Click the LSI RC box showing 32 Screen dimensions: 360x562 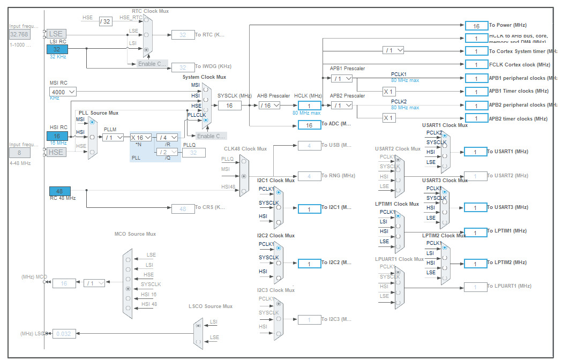[57, 49]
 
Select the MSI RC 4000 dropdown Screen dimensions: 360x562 [62, 92]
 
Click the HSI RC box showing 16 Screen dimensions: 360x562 [57, 136]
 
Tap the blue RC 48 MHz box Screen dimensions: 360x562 [59, 191]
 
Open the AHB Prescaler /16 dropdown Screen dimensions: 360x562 [268, 106]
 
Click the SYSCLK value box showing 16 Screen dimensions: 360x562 [229, 106]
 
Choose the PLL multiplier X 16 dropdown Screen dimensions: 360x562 [141, 138]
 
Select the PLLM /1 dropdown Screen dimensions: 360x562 [113, 138]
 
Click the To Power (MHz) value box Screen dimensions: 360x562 [476, 26]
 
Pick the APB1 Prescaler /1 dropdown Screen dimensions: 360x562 [341, 78]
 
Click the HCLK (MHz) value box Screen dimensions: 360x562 [309, 106]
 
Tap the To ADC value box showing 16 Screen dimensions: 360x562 [309, 125]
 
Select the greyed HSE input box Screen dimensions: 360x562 [57, 152]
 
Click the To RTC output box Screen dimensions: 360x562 [183, 35]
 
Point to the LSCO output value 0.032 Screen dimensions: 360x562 [64, 334]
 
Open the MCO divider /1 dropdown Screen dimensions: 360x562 [94, 283]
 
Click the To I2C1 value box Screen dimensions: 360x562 [309, 209]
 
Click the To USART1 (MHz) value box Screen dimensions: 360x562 [475, 152]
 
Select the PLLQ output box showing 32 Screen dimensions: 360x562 [193, 153]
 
